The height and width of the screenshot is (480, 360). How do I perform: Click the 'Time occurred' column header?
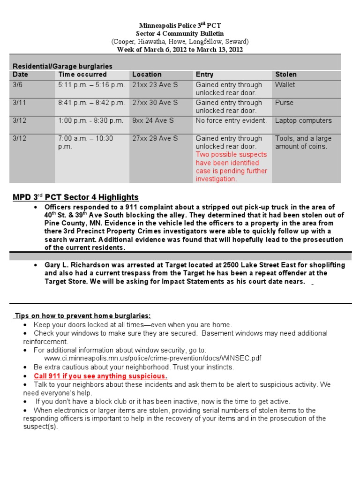[82, 75]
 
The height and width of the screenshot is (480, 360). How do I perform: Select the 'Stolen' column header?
[285, 75]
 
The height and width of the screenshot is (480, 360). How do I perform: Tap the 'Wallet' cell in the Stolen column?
[285, 85]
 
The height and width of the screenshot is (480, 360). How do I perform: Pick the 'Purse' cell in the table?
[284, 103]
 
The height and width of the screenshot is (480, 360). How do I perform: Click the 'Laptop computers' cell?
[303, 120]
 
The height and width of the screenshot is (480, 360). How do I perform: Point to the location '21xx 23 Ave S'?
[155, 85]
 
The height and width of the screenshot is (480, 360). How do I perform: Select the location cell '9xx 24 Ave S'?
[153, 120]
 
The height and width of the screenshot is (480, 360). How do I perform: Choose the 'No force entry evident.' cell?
[231, 120]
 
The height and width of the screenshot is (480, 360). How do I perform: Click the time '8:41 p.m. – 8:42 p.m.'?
[91, 103]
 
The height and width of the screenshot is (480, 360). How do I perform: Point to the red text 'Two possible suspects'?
[231, 155]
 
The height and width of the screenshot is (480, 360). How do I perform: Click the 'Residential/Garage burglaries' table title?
[62, 66]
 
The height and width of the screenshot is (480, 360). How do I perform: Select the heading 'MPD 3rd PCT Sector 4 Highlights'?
[75, 197]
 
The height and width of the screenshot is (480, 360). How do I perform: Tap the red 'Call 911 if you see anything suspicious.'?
[100, 376]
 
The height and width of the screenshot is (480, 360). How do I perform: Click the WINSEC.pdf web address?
[152, 358]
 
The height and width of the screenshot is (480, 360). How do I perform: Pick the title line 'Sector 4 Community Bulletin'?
[180, 34]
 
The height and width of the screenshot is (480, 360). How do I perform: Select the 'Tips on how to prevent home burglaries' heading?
[82, 316]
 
